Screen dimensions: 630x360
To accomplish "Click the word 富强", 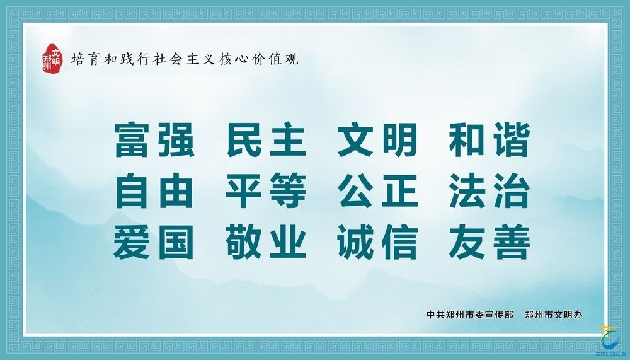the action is (x=154, y=139).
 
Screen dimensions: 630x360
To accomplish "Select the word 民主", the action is (x=266, y=139).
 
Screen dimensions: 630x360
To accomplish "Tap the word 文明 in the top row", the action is (x=377, y=139).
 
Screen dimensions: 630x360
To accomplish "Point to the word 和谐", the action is (x=490, y=139).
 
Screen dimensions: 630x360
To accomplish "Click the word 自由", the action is (x=154, y=190).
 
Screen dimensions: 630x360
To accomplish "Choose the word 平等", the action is (x=266, y=190).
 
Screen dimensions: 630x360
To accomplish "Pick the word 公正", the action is (x=377, y=190).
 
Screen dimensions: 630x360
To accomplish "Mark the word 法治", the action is (x=490, y=190).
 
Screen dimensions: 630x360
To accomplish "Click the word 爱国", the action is (x=154, y=241).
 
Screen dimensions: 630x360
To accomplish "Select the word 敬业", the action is (x=266, y=241).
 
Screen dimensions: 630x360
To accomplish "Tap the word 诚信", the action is (x=377, y=241).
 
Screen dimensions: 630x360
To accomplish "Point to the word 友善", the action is (x=490, y=241).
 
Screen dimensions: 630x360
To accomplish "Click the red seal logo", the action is (x=53, y=59).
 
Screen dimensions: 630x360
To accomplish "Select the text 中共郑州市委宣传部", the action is (x=470, y=315).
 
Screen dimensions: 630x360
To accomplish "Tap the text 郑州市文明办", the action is (x=553, y=315).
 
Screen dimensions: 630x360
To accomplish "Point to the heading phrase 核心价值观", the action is (x=259, y=59).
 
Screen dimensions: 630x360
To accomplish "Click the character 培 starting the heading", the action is (x=78, y=59).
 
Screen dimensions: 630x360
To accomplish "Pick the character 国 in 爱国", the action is (x=176, y=241).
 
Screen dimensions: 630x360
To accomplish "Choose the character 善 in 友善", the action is (x=512, y=241).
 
